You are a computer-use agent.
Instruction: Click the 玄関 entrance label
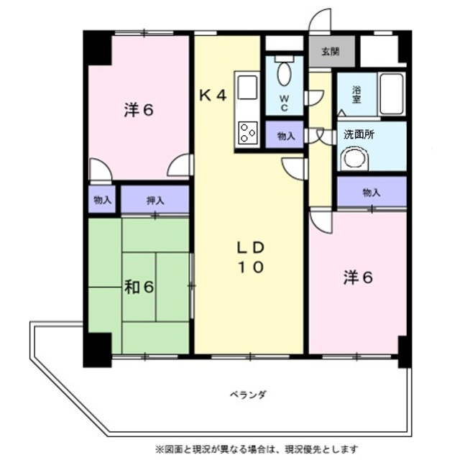[x=330, y=51]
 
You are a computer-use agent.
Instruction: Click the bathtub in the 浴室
[x=392, y=93]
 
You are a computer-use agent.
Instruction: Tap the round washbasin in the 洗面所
[x=353, y=158]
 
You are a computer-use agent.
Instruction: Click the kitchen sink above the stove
[x=247, y=88]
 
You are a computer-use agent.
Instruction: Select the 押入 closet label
[x=155, y=200]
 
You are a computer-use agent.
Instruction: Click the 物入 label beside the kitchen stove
[x=285, y=135]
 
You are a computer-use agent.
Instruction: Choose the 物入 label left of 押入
[x=102, y=200]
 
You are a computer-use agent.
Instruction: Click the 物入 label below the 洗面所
[x=371, y=192]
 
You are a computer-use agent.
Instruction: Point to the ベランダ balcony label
[x=249, y=395]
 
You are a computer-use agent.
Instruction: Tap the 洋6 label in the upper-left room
[x=139, y=110]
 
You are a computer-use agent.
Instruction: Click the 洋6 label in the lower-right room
[x=357, y=277]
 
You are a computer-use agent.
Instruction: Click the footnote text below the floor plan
[x=256, y=449]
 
